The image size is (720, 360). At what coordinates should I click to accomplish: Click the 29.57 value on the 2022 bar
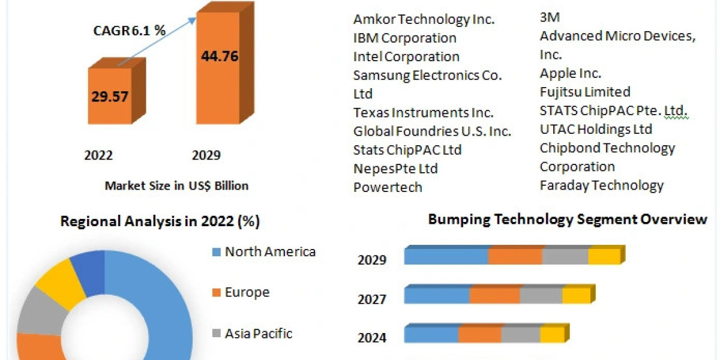tap(110, 96)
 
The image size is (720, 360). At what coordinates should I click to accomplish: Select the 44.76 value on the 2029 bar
tap(219, 57)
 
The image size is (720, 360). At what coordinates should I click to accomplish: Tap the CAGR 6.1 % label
tap(130, 31)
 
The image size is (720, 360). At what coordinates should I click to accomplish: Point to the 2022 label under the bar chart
tap(98, 155)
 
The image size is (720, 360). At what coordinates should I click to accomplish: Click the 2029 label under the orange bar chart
tap(206, 155)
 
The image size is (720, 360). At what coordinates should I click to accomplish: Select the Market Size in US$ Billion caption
tap(176, 185)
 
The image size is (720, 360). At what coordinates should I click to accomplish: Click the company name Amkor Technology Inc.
tap(424, 19)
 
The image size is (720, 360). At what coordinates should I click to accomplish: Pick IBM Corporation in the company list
tap(404, 38)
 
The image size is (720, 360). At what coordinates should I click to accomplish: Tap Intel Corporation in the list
tap(406, 56)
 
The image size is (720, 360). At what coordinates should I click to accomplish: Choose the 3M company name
tap(550, 17)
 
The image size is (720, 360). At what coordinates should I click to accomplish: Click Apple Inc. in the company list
tap(570, 73)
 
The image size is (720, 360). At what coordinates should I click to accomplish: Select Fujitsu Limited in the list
tap(584, 92)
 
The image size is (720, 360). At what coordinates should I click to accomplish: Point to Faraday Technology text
tap(601, 185)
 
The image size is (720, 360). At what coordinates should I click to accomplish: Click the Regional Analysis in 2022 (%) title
tap(160, 221)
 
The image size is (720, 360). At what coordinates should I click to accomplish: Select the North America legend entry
tap(269, 251)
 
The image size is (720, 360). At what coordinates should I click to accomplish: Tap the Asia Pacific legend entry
tap(258, 333)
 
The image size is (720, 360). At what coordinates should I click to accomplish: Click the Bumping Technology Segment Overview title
tap(567, 219)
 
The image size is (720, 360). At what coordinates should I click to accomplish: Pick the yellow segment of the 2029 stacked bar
tap(604, 256)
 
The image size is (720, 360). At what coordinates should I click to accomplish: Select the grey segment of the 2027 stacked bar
tap(541, 295)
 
